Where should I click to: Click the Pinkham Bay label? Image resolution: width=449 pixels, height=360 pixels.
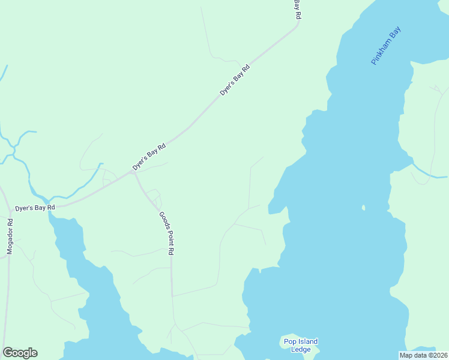(x=385, y=45)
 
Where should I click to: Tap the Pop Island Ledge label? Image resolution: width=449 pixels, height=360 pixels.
(x=301, y=346)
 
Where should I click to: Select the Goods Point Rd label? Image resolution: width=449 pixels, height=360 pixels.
(x=166, y=234)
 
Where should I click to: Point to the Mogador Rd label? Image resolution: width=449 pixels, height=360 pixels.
(x=10, y=236)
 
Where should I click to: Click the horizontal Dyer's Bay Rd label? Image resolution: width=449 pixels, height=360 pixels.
(x=35, y=208)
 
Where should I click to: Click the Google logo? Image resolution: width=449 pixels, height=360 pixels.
(x=20, y=353)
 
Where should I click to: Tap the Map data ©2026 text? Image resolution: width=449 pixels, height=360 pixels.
(x=423, y=355)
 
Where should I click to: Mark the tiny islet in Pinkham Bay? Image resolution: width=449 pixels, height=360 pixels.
(x=363, y=208)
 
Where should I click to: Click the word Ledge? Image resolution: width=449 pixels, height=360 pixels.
(x=301, y=350)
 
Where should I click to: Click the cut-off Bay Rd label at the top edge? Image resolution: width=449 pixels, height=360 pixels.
(x=297, y=8)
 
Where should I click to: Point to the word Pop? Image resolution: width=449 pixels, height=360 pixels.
(x=290, y=342)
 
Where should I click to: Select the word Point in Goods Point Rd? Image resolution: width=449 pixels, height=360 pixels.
(x=167, y=235)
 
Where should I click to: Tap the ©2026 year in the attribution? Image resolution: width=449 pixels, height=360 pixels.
(x=437, y=355)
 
